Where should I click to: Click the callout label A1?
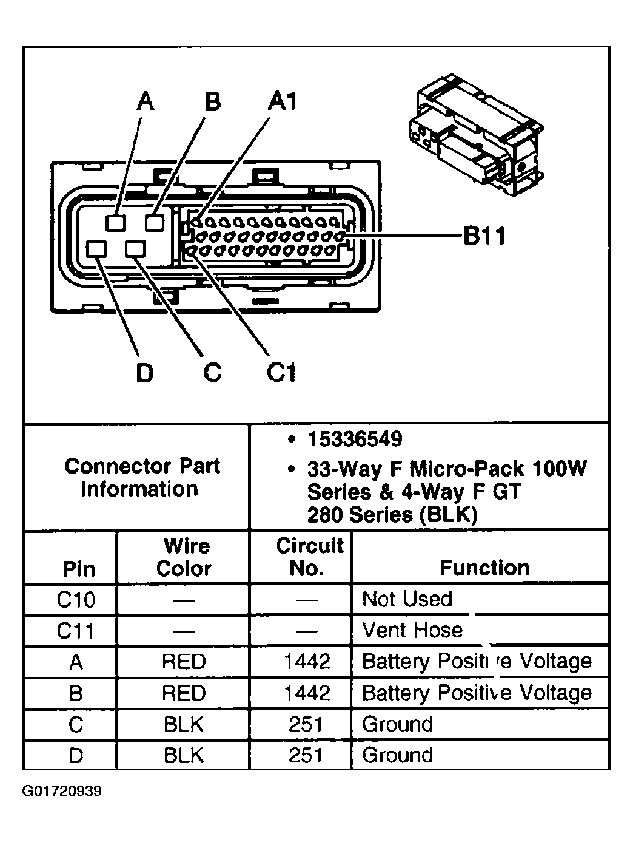click(x=283, y=101)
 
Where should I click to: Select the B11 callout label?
click(x=484, y=236)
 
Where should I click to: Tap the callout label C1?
click(x=281, y=372)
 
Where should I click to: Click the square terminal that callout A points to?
click(x=115, y=223)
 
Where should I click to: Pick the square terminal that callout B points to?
click(x=155, y=223)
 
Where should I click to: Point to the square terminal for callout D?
click(x=96, y=249)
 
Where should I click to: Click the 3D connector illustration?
click(x=478, y=137)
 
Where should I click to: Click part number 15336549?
click(x=355, y=439)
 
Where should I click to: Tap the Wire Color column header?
click(x=184, y=557)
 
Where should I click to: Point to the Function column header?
click(x=484, y=568)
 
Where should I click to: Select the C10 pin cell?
click(x=76, y=600)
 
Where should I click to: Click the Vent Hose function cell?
click(x=412, y=630)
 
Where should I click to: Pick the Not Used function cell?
click(x=407, y=599)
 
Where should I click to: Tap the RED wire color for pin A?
click(x=184, y=662)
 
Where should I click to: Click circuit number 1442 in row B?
click(x=307, y=693)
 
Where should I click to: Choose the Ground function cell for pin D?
click(x=397, y=756)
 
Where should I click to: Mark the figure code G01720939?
click(x=62, y=792)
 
